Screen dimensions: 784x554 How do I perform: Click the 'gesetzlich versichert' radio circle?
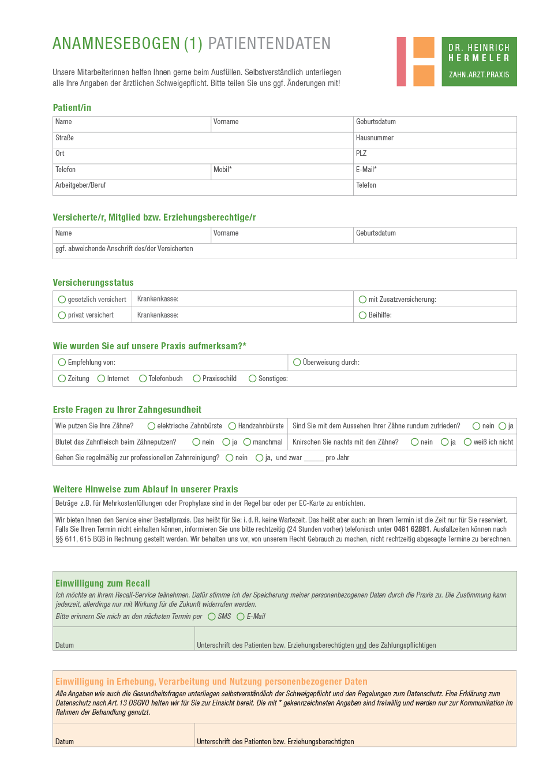[62, 300]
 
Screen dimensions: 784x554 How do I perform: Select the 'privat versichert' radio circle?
[62, 315]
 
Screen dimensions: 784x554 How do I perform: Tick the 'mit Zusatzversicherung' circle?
[362, 300]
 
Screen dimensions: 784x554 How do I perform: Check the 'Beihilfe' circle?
[362, 315]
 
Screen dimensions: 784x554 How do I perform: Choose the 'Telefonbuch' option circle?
[143, 379]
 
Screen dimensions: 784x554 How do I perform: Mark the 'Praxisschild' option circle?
[197, 379]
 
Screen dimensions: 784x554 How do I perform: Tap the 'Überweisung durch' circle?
[297, 363]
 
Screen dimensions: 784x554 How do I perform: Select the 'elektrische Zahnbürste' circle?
[151, 426]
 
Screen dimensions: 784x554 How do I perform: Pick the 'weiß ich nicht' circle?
[467, 442]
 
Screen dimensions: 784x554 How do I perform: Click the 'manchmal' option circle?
[247, 442]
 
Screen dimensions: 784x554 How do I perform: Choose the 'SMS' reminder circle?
[211, 617]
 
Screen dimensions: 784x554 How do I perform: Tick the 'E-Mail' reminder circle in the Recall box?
[241, 617]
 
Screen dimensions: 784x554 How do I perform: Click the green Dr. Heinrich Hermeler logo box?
[479, 62]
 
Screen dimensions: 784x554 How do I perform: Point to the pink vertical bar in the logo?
[401, 62]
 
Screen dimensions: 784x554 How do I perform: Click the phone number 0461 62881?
[412, 529]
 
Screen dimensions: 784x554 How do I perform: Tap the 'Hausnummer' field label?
[375, 138]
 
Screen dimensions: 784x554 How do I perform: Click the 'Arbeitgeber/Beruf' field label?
[80, 185]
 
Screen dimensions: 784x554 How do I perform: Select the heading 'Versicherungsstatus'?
[93, 282]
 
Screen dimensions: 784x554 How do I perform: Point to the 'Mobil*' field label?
[222, 170]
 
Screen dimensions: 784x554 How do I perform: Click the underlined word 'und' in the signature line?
[361, 645]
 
